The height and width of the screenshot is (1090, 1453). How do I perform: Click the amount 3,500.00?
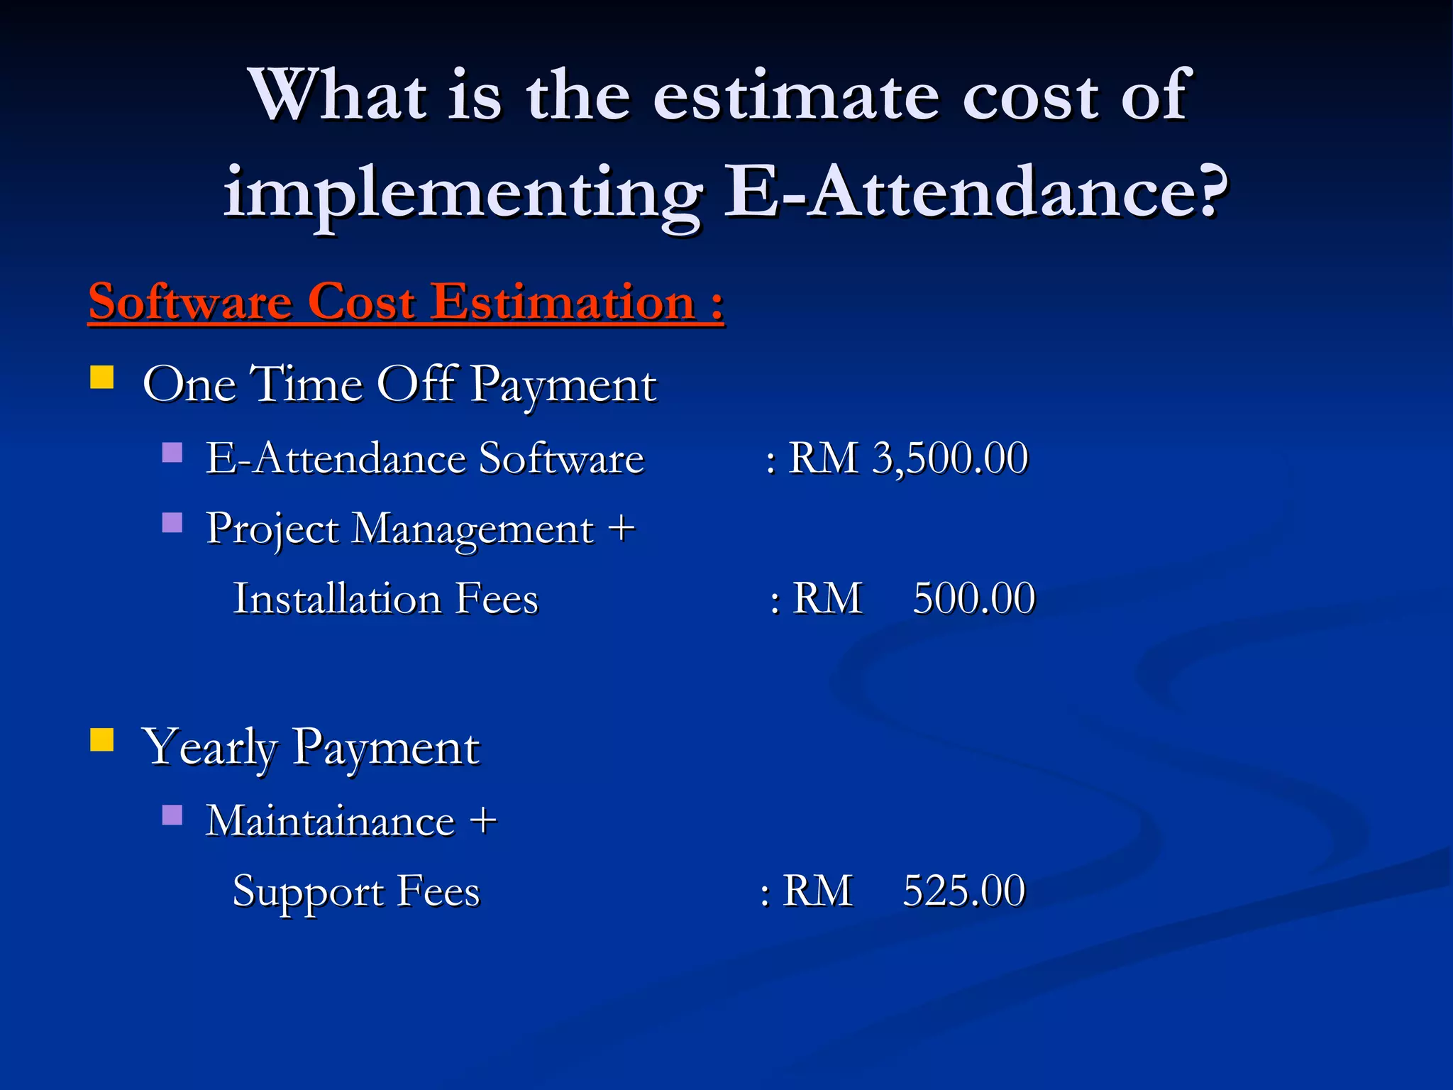coord(950,458)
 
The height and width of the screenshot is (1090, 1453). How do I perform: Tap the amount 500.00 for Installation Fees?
coord(973,598)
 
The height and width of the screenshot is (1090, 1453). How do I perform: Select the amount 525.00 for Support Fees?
coord(963,891)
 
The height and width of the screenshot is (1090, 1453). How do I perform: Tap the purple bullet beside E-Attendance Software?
coord(172,452)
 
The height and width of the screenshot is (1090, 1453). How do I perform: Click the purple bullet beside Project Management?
coord(172,523)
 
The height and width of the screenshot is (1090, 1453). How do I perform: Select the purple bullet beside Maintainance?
coord(172,815)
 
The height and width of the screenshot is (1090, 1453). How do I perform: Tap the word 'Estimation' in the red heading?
coord(563,302)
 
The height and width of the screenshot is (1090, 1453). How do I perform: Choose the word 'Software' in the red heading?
coord(190,302)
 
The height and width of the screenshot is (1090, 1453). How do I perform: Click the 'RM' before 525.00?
coord(817,891)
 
